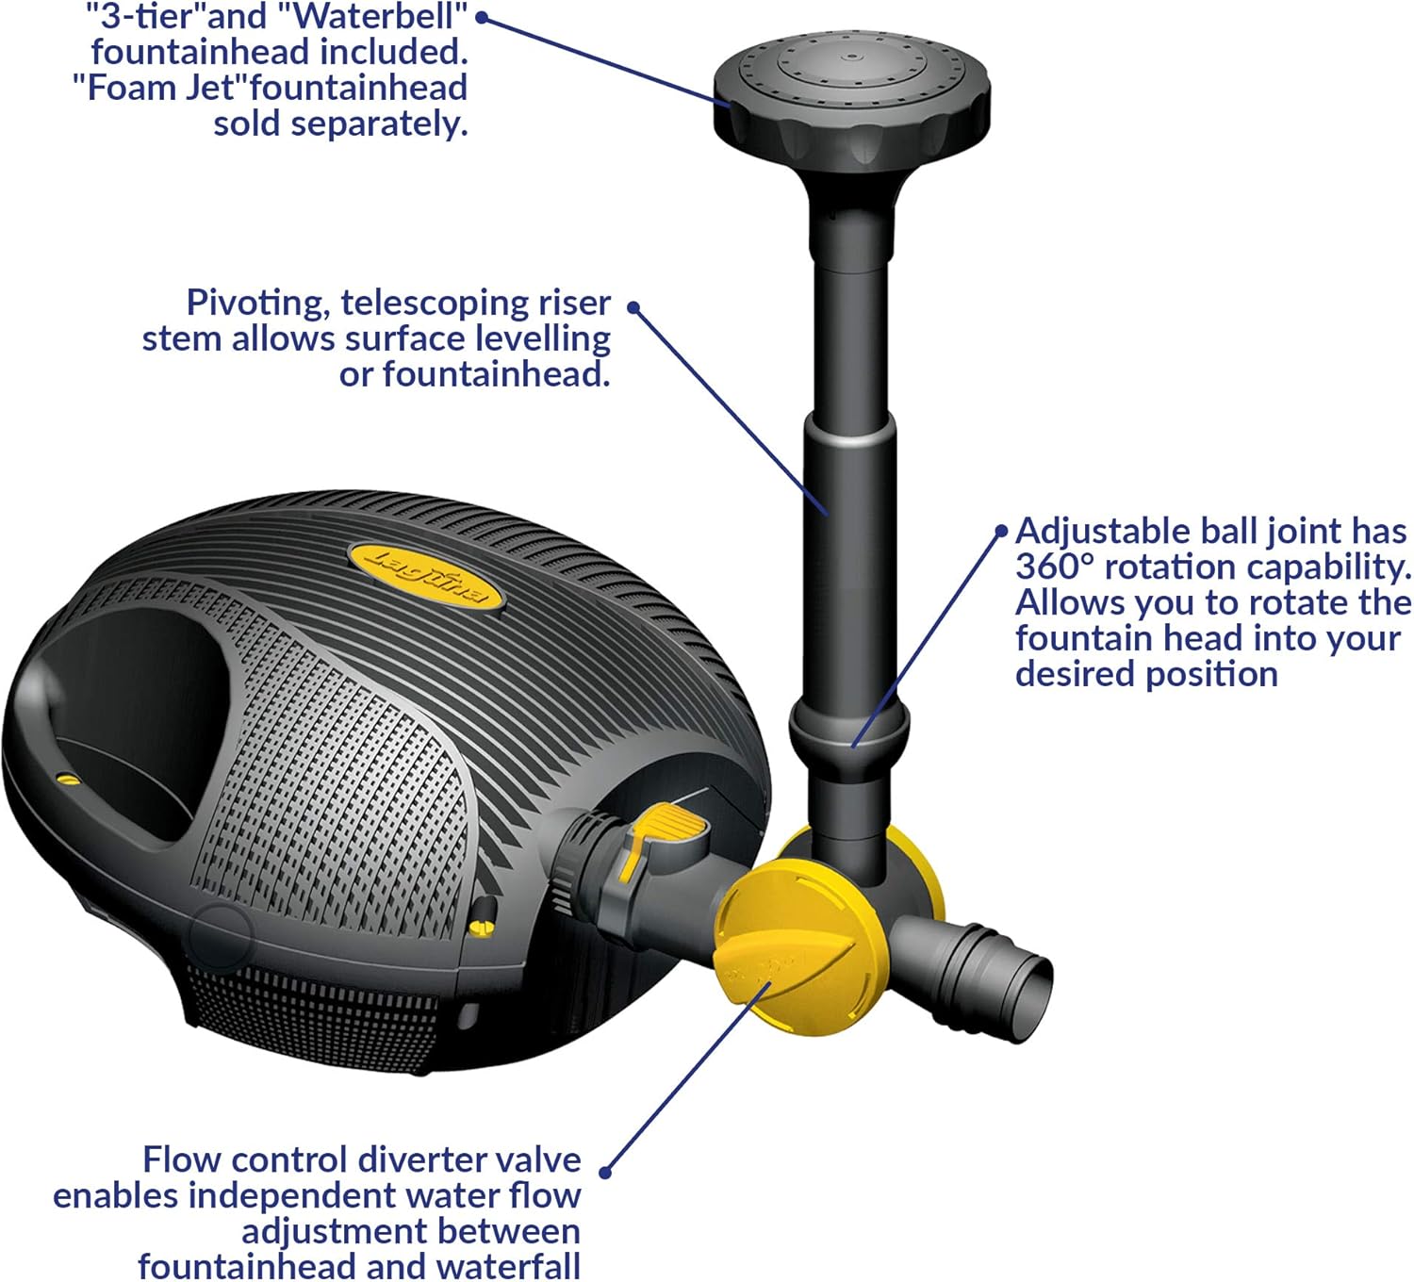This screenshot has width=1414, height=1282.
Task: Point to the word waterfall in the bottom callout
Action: (509, 1266)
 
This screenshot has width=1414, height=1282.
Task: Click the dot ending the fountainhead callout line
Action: (480, 16)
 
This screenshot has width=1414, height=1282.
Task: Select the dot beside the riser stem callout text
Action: (633, 307)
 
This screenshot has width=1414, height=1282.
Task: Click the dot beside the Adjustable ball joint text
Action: (1002, 532)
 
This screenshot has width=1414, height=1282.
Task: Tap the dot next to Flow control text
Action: (606, 1173)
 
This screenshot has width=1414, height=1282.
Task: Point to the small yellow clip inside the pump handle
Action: (66, 779)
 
